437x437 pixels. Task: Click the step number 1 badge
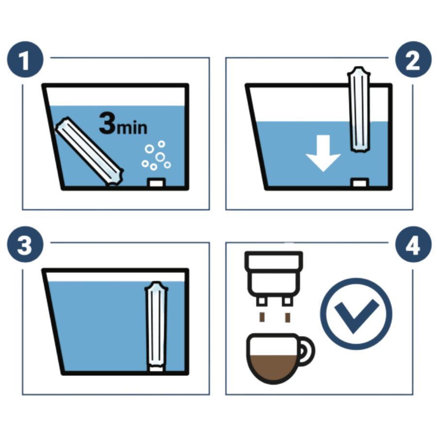(x=25, y=59)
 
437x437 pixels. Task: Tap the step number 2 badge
(x=413, y=59)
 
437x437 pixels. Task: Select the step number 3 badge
(x=25, y=244)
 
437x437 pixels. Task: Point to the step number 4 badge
(x=413, y=244)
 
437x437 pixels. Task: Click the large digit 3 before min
(x=107, y=123)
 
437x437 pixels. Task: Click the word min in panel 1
(x=132, y=128)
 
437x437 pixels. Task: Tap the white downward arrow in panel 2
(x=323, y=153)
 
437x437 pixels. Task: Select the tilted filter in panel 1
(x=89, y=151)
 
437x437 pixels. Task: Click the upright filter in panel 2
(x=359, y=109)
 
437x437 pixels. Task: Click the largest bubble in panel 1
(x=160, y=157)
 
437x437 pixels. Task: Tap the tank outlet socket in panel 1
(x=156, y=183)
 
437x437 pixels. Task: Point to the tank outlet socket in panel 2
(x=359, y=183)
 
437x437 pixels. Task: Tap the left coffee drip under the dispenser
(x=262, y=317)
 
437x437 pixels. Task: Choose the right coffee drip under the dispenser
(x=287, y=318)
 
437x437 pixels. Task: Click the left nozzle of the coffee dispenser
(x=262, y=301)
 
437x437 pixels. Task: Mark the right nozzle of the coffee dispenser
(x=287, y=301)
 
